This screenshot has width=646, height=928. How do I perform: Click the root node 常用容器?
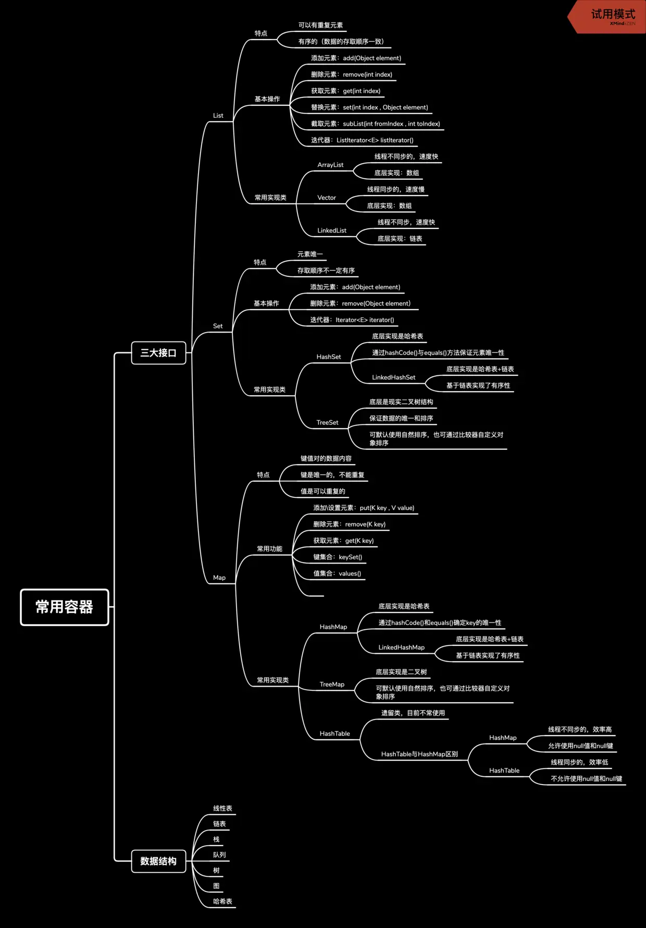(x=65, y=607)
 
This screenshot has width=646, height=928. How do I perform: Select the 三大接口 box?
(x=158, y=353)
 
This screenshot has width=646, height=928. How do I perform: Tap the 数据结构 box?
(x=158, y=861)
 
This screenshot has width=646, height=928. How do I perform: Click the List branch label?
(x=218, y=116)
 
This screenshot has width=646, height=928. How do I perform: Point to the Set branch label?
(x=218, y=326)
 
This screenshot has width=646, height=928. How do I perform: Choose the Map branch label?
(x=219, y=578)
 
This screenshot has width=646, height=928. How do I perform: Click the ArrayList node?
(x=330, y=165)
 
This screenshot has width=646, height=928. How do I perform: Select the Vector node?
(x=327, y=198)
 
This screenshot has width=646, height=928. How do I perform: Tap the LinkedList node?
(x=332, y=230)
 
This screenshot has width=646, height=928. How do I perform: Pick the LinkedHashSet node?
(x=393, y=377)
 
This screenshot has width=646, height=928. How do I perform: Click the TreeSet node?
(x=327, y=423)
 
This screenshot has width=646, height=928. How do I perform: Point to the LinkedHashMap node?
(x=401, y=648)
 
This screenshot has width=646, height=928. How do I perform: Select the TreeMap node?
(x=332, y=685)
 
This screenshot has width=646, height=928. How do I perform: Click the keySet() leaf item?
(x=338, y=557)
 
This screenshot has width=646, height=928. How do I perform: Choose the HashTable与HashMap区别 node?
(x=419, y=754)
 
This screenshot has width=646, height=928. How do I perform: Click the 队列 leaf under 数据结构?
(x=219, y=855)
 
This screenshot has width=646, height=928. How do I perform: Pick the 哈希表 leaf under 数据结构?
(x=222, y=901)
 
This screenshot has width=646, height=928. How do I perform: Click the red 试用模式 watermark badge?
(x=610, y=16)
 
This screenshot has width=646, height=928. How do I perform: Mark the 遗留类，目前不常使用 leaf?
(x=413, y=713)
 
